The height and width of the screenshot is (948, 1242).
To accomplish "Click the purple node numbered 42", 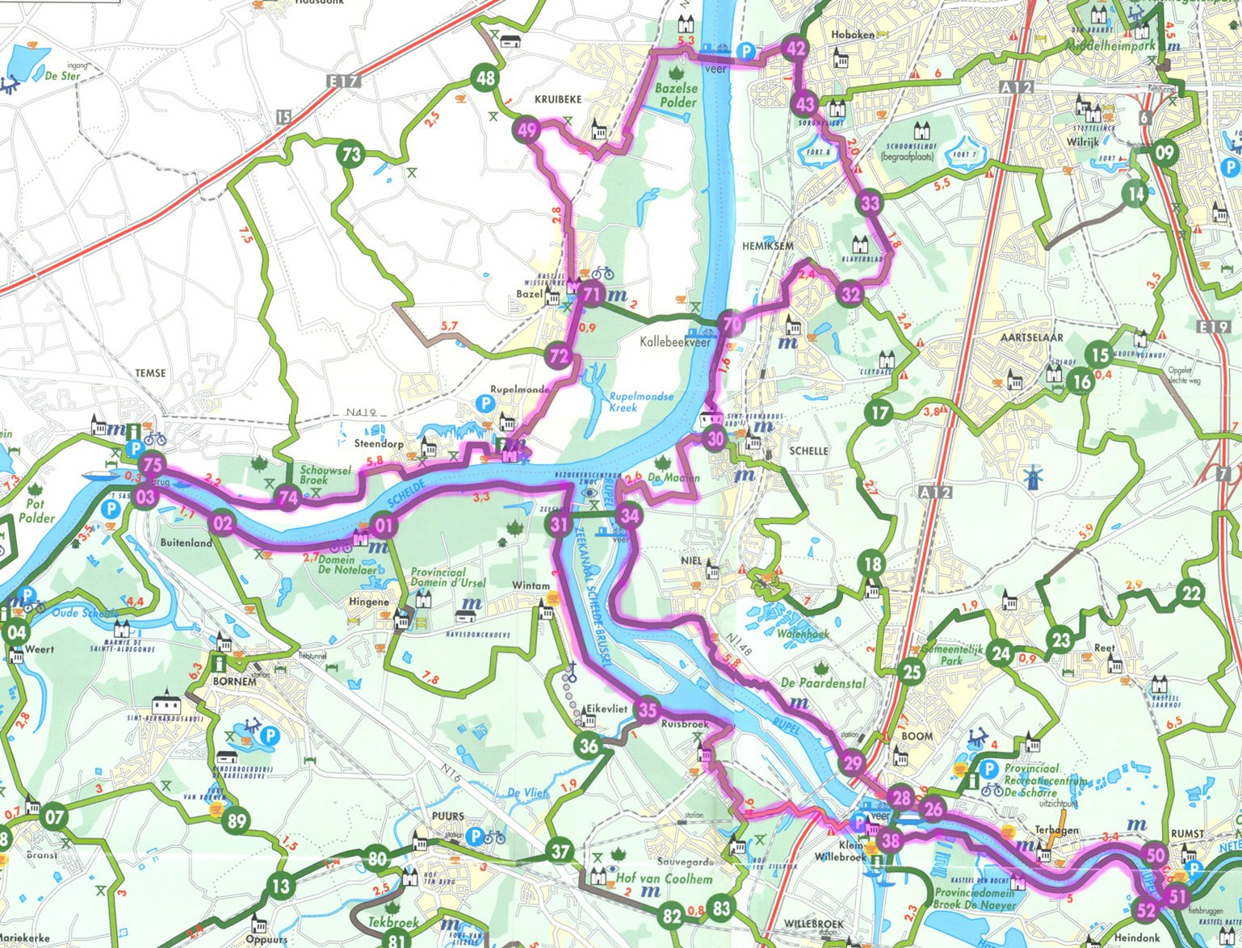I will point(796,48).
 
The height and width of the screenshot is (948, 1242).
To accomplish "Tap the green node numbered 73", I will point(350,153).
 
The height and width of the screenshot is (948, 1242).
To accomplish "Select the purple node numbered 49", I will point(527,130).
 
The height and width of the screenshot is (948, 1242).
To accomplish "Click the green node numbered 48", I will point(485,78).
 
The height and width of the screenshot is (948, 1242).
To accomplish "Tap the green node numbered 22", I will point(1192,594).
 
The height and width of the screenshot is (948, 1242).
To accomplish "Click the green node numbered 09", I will point(1164,152).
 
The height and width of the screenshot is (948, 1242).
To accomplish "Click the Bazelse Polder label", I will point(676,95).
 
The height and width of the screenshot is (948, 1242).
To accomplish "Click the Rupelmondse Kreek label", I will point(641,401).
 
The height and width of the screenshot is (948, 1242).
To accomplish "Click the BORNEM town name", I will point(234,681).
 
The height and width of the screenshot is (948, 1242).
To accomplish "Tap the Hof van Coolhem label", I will point(664,879).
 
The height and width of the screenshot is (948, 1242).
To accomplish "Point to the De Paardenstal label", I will point(823,683).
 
